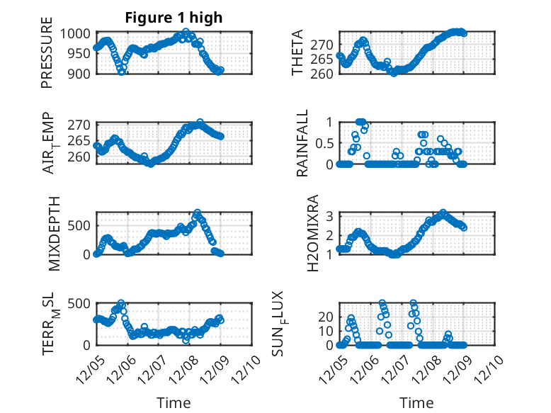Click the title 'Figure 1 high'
[174, 18]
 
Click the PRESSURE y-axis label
[47, 57]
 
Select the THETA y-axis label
[297, 52]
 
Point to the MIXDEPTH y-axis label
[55, 232]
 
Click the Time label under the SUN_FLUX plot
[416, 403]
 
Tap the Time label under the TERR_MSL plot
[174, 403]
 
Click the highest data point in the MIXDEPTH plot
[198, 213]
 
